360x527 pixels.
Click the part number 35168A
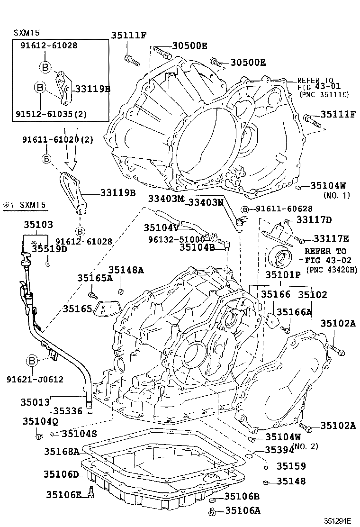(62, 452)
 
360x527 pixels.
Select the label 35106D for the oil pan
(62, 474)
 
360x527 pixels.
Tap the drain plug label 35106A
(242, 510)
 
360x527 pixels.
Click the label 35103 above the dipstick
(38, 225)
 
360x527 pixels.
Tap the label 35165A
(95, 278)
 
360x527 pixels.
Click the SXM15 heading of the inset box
(27, 33)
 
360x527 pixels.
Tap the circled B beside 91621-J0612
(32, 361)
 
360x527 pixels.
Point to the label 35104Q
(40, 421)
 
